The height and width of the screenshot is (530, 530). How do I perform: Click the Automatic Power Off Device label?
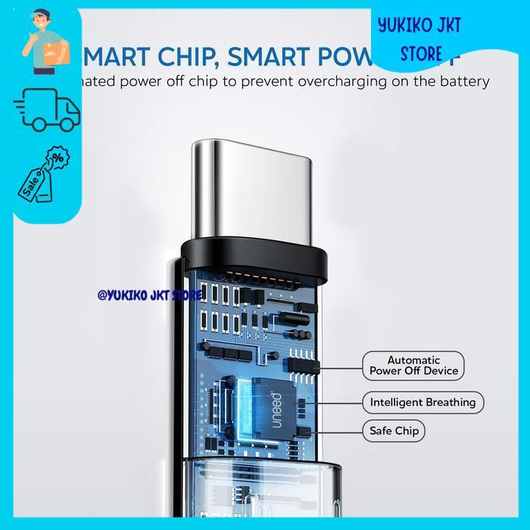[x=413, y=365]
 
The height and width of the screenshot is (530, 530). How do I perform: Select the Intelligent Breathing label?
[x=422, y=402]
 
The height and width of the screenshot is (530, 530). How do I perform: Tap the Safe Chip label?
[x=392, y=432]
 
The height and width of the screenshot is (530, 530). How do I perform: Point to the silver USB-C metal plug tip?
[x=249, y=182]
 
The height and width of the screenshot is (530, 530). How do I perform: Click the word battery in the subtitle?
[x=464, y=82]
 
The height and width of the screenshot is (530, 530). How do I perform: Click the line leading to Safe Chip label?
[x=339, y=432]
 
